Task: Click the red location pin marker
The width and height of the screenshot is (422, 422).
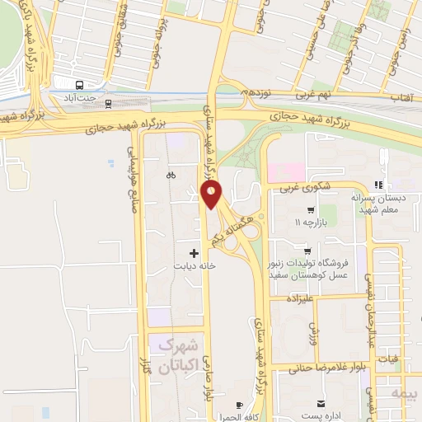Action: [x=212, y=195]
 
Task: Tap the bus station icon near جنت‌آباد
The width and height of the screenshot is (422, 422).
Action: [x=79, y=85]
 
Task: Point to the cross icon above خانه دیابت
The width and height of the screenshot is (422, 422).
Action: [x=195, y=253]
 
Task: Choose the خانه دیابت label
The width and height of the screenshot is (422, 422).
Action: [x=195, y=267]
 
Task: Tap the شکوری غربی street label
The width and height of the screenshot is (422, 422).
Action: [x=313, y=188]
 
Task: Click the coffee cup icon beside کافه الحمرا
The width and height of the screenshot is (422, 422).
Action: [x=239, y=406]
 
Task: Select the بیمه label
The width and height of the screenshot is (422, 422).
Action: [x=410, y=393]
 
